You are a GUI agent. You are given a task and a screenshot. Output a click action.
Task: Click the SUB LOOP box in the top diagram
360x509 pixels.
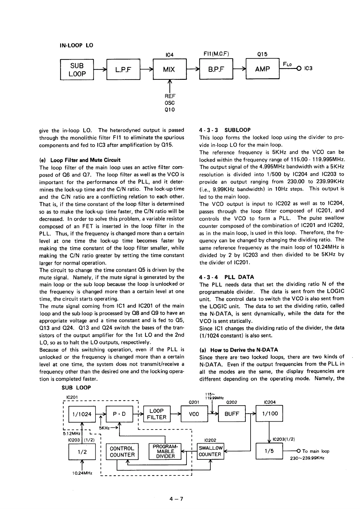click(77, 70)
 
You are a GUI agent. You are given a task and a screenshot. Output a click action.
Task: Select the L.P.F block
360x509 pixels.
click(123, 70)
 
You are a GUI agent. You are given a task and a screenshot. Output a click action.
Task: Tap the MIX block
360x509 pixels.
click(169, 70)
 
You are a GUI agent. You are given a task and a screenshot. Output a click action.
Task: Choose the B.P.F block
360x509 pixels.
click(216, 70)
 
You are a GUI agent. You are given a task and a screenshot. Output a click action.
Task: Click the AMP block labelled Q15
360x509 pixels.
click(262, 69)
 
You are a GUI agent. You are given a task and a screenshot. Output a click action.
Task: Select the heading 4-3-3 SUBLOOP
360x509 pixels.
click(225, 130)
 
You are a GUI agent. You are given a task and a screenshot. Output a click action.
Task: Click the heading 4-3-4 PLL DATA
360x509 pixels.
click(227, 277)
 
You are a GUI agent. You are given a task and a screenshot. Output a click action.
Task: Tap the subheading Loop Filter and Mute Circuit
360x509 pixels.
click(80, 160)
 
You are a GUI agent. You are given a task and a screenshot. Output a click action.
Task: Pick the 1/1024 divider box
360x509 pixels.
click(80, 414)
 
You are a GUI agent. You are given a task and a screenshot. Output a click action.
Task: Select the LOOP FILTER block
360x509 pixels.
click(157, 414)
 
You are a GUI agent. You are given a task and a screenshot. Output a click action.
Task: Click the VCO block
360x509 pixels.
click(194, 414)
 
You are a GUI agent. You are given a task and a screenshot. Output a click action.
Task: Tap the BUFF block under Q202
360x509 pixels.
click(232, 414)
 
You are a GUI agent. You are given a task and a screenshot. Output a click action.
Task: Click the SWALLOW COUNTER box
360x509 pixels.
click(210, 451)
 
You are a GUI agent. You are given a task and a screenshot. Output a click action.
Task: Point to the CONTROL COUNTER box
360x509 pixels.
click(122, 452)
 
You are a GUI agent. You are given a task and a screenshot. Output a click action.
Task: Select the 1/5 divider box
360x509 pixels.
click(269, 451)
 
